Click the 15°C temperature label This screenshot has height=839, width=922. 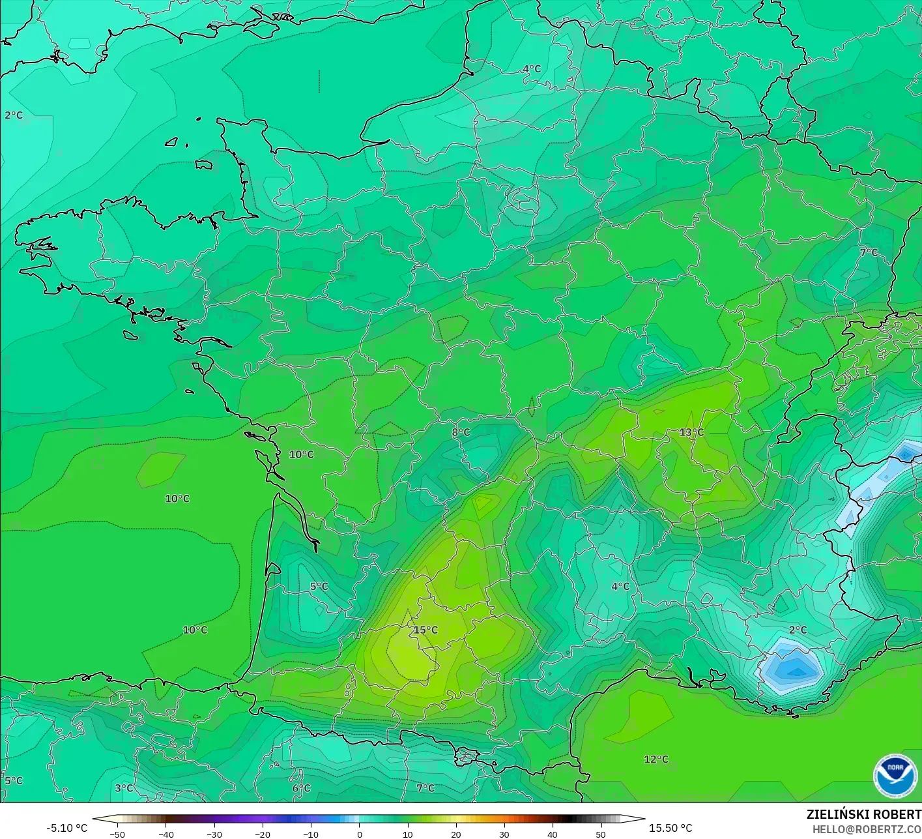click(x=425, y=630)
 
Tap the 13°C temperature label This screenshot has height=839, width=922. click(x=691, y=432)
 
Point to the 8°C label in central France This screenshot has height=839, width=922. click(x=461, y=432)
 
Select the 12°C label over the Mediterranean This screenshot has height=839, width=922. click(x=656, y=759)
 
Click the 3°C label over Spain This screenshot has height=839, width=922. click(x=124, y=787)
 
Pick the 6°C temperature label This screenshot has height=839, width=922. click(x=301, y=787)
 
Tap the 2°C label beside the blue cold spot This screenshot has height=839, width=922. click(x=798, y=630)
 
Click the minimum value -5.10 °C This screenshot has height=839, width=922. click(x=66, y=828)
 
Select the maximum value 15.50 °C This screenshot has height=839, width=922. click(x=670, y=828)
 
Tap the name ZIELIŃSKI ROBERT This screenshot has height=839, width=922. click(x=864, y=814)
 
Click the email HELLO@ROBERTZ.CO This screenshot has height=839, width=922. click(x=867, y=829)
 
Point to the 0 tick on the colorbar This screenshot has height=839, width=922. click(x=360, y=834)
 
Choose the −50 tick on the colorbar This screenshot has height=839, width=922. click(x=117, y=834)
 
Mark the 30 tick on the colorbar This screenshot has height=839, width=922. click(x=504, y=834)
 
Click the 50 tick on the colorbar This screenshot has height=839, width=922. click(x=601, y=834)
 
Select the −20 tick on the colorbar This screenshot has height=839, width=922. click(x=263, y=834)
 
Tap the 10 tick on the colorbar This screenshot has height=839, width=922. click(x=408, y=834)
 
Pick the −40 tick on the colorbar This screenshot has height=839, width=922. click(x=166, y=834)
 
